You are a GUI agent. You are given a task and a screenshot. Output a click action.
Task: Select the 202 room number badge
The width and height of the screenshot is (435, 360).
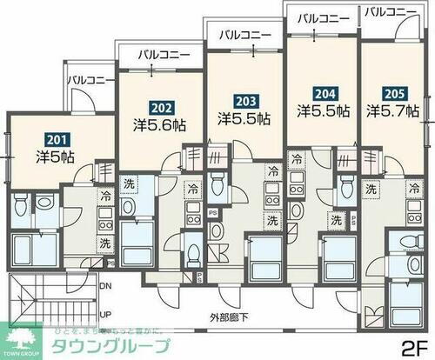(159, 109)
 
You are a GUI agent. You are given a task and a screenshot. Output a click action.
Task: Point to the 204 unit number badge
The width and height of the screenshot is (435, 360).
(323, 94)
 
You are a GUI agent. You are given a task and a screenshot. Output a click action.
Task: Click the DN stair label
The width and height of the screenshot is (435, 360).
(106, 285)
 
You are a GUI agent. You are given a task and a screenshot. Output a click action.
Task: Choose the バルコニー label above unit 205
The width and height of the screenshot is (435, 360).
(391, 11)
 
